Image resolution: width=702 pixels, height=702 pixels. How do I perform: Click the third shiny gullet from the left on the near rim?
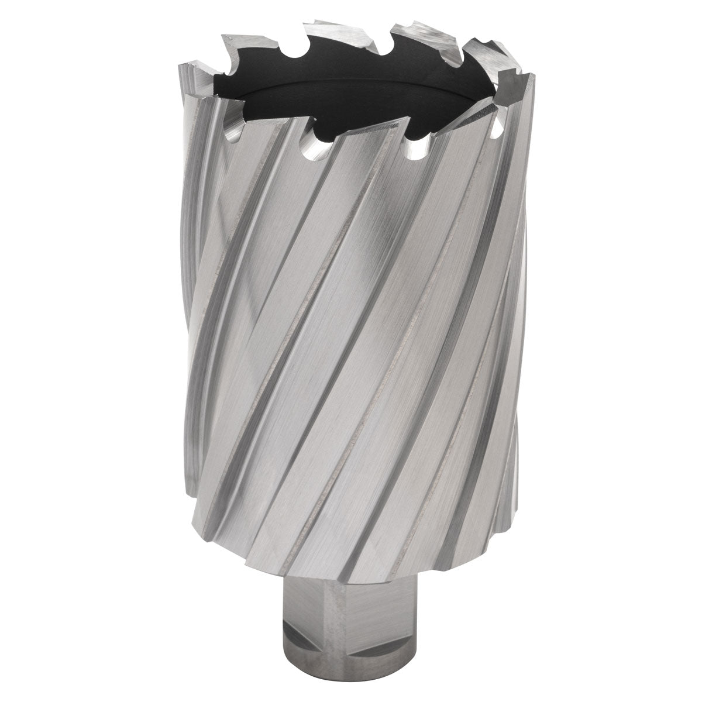(417, 150)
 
